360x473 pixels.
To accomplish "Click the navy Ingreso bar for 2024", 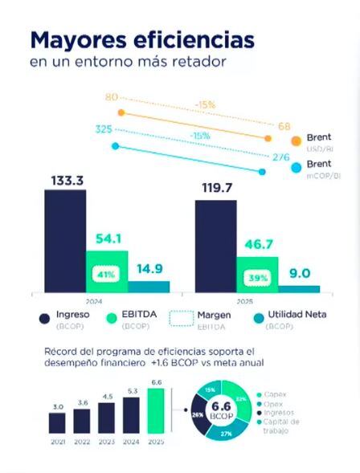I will tap(65, 241).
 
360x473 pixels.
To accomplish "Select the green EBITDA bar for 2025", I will tap(257, 274).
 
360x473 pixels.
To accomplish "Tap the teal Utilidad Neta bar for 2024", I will tap(149, 286).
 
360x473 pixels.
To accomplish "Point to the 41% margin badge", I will tap(107, 275).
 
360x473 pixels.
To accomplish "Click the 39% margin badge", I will tap(257, 277).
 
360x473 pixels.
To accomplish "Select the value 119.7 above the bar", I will tap(215, 187).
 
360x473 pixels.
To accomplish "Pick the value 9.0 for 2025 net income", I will tap(300, 273).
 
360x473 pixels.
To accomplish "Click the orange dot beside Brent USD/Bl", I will tap(297, 141).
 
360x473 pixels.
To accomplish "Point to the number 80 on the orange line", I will tap(112, 97).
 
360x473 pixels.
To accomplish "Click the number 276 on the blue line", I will tap(280, 157).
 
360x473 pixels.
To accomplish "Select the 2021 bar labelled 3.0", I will tap(58, 423).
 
